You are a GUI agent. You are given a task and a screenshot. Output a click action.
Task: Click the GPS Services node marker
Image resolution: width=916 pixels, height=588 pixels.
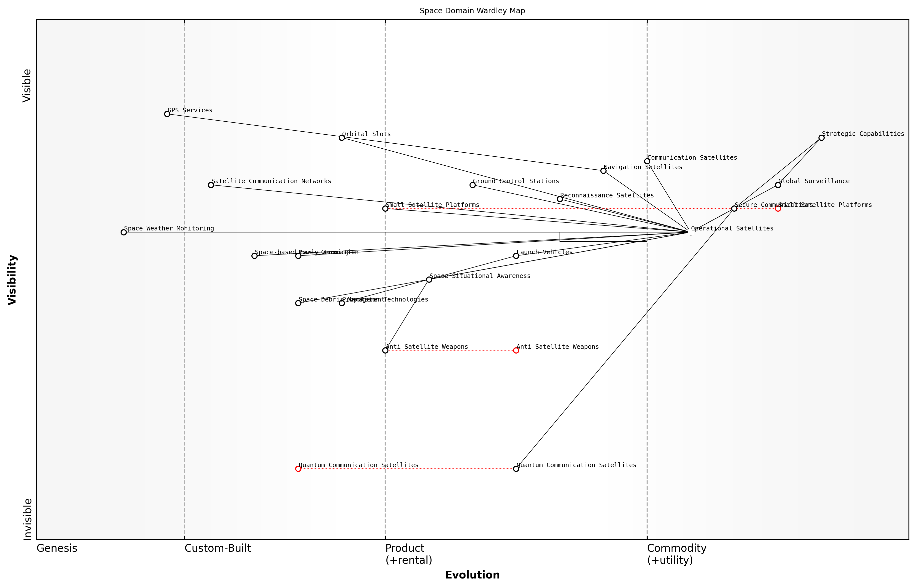point(167,114)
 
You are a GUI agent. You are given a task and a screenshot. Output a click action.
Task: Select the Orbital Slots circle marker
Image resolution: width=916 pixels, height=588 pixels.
point(342,137)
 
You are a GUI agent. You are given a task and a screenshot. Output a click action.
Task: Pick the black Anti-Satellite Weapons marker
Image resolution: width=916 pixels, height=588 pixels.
point(385,350)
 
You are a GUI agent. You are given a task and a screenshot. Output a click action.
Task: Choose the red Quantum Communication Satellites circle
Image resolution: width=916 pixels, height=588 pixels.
point(298,468)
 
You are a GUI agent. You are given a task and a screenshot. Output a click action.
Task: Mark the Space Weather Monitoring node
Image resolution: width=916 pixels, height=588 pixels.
point(123,232)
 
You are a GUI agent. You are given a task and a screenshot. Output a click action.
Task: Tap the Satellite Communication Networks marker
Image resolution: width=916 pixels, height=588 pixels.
point(211,185)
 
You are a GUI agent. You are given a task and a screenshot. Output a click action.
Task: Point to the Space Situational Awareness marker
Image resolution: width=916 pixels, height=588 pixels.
point(429,279)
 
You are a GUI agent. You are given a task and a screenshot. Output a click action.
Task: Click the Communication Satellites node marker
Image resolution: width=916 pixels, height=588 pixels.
point(647,161)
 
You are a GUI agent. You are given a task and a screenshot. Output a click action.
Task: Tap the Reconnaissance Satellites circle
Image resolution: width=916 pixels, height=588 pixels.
point(560,199)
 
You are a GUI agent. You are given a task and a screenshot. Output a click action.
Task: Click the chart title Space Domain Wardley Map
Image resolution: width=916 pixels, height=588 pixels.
point(472,11)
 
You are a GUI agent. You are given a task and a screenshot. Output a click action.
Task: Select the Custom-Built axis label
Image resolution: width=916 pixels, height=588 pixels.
point(218,548)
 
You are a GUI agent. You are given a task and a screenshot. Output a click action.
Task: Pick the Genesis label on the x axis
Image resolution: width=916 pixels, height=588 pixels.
point(57,548)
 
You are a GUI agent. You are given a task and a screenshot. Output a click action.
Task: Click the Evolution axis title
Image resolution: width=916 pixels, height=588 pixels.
point(472,575)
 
